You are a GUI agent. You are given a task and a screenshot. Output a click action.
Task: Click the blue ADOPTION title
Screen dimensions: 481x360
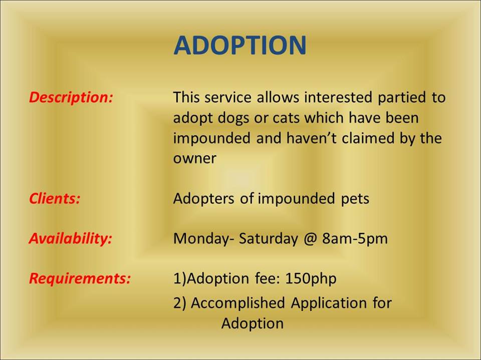240,45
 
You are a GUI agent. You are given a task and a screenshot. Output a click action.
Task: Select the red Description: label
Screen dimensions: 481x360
71,98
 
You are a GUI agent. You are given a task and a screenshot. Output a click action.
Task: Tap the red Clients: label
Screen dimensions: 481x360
55,198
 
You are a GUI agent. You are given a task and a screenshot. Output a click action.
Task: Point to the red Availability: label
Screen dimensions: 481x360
71,238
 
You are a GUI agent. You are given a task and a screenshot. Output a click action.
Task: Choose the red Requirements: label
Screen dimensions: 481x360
80,278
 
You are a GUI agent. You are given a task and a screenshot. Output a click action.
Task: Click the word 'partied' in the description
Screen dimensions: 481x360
401,98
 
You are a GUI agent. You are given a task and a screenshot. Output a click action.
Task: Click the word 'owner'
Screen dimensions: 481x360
194,159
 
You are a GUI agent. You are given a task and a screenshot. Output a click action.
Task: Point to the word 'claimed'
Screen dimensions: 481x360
368,138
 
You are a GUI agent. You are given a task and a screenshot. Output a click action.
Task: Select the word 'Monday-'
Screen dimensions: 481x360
201,239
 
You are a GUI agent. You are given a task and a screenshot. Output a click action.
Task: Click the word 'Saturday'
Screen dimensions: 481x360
268,239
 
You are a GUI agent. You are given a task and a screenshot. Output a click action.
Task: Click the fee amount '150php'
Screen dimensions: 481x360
311,279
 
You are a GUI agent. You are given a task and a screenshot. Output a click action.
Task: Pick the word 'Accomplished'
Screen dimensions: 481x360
238,303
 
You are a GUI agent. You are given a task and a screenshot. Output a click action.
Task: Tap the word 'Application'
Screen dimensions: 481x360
329,303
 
